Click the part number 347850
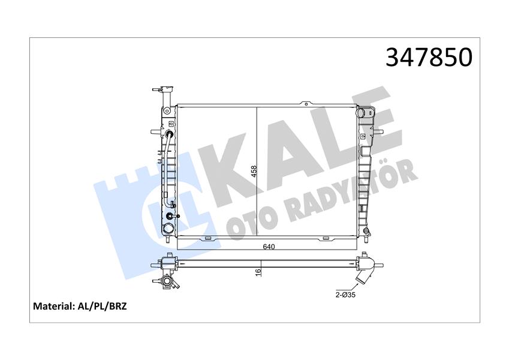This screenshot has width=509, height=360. [x=429, y=57]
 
